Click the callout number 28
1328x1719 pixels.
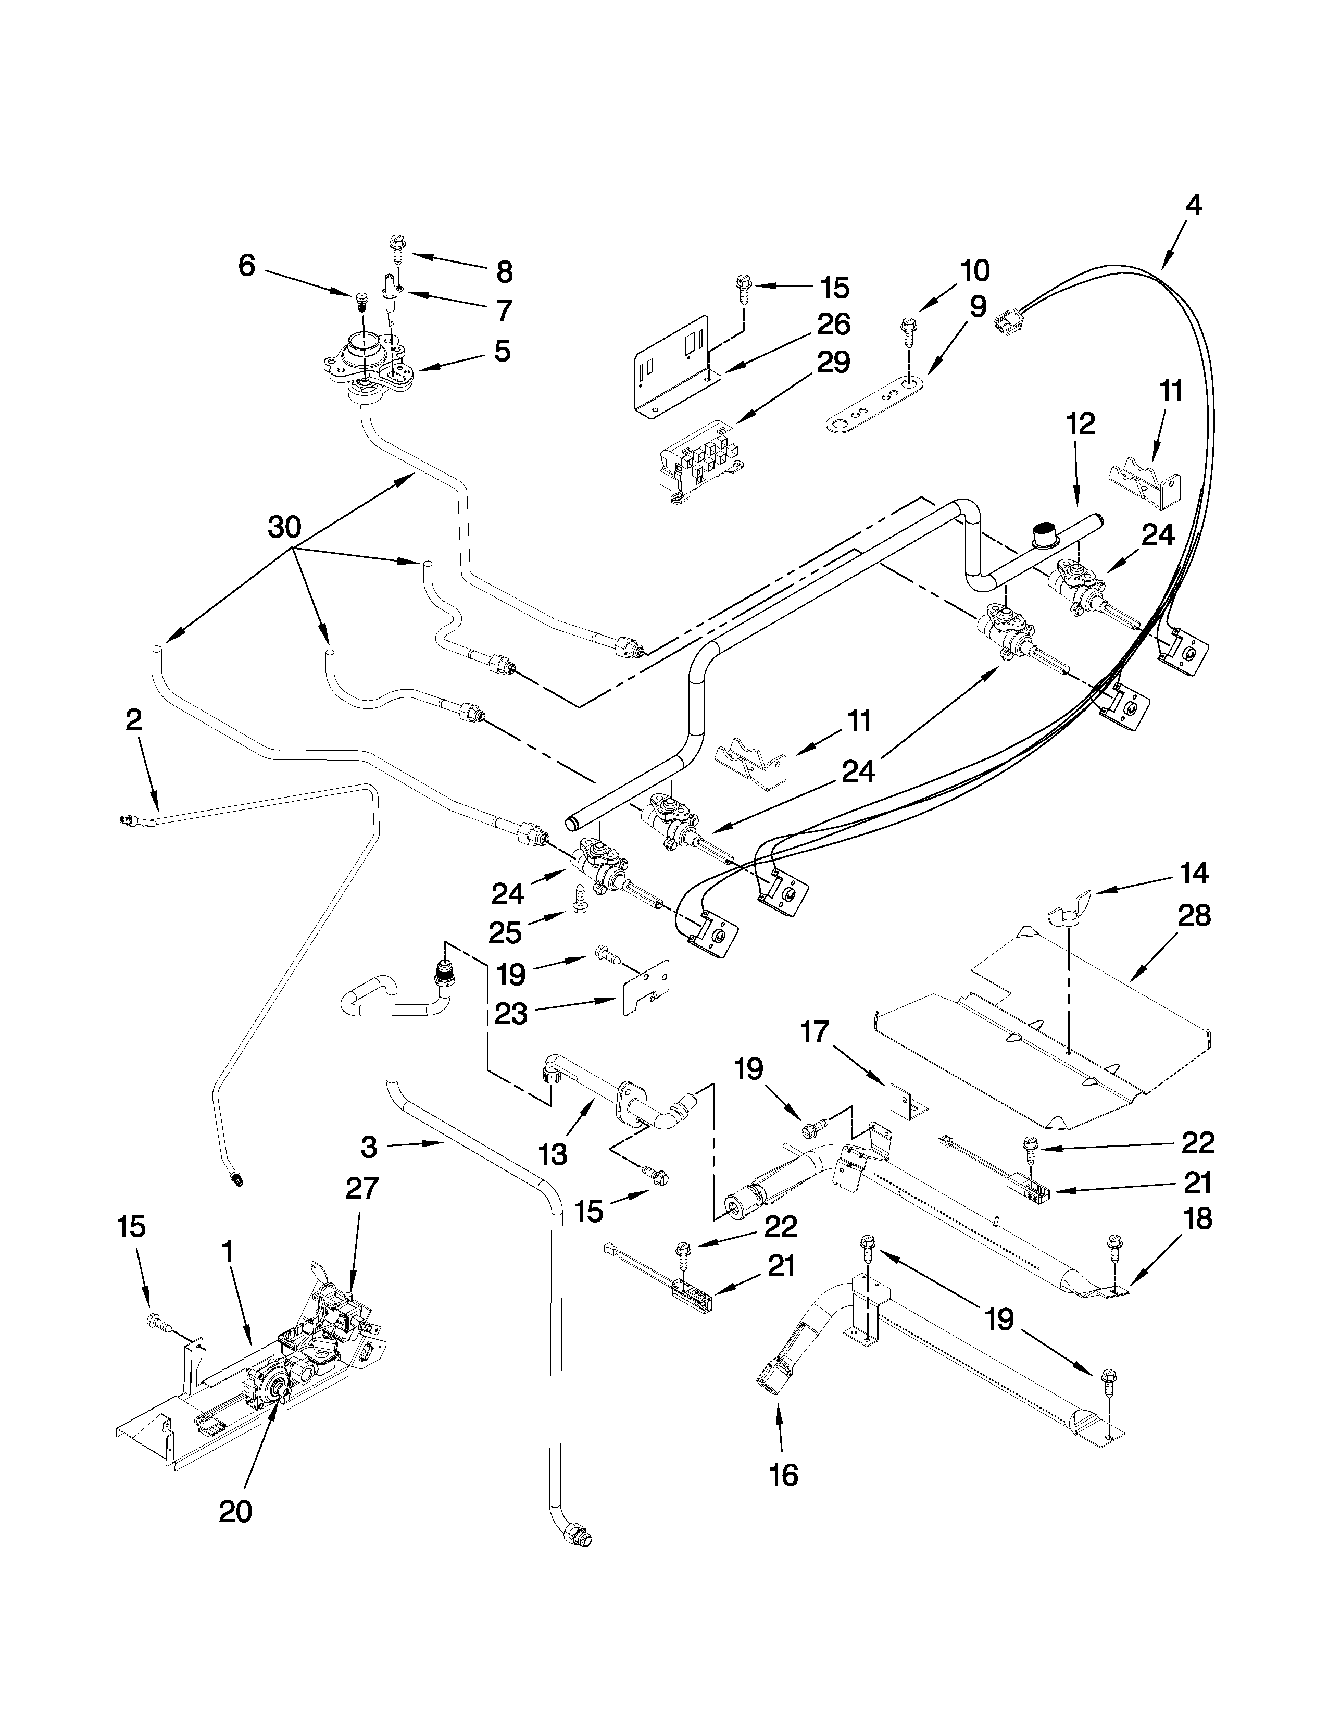tap(1194, 915)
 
